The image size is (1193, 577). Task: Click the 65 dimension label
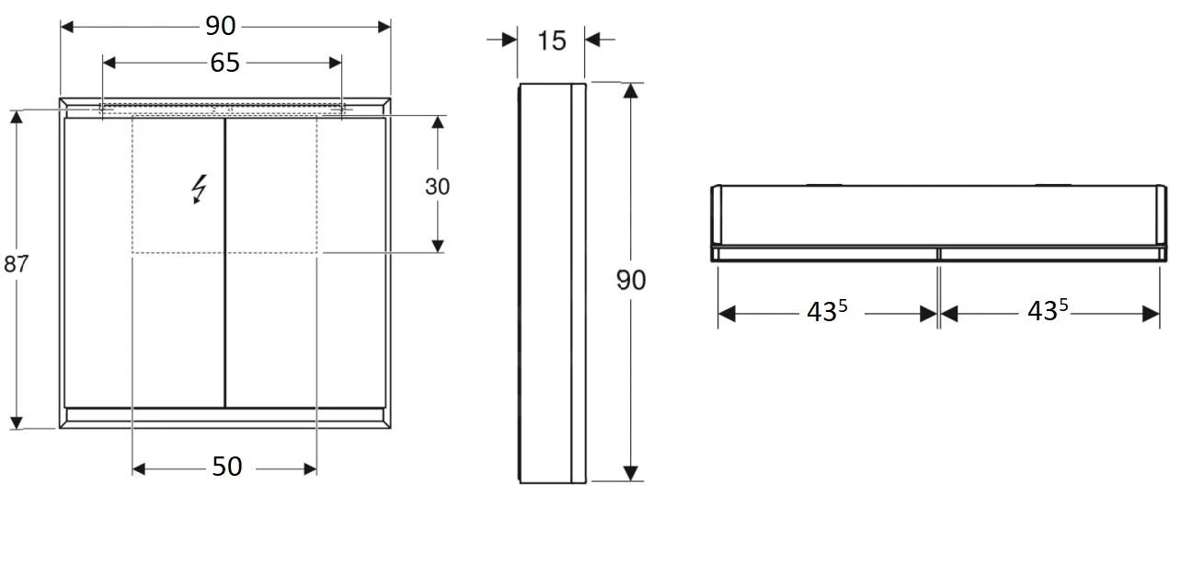coord(224,63)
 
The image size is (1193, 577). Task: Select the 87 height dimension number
coord(17,264)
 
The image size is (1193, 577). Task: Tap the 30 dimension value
coord(438,187)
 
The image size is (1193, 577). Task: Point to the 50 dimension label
coord(226,467)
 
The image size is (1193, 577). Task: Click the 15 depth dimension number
coord(552,40)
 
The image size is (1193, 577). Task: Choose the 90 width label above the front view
coord(221,26)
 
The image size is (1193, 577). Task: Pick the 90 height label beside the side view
coord(631,281)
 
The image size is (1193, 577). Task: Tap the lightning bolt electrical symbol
coord(199,190)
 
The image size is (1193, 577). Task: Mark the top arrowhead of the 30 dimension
coord(438,123)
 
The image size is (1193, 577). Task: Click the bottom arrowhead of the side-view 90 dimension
coord(630,473)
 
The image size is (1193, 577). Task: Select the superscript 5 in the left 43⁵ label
coord(842,306)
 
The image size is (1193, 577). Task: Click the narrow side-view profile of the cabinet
coord(552,283)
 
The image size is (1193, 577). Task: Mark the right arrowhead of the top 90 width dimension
coord(384,27)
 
